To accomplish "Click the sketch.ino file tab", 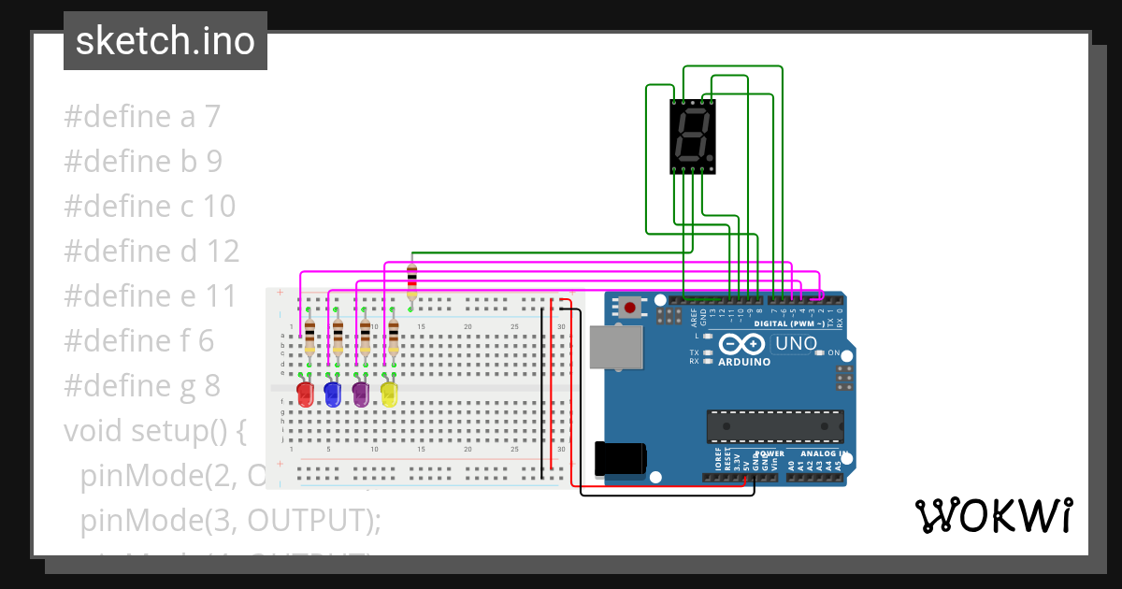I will [x=165, y=41].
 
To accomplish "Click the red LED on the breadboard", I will [x=305, y=394].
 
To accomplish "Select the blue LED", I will [x=332, y=394].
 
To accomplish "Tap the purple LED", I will [x=361, y=394].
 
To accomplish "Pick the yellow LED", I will [x=389, y=394].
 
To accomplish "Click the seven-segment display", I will [x=693, y=136].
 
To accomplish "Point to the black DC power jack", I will [x=619, y=459].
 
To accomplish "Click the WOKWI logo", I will [x=993, y=515].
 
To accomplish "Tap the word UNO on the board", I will [x=796, y=344].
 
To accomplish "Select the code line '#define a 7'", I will [x=142, y=117].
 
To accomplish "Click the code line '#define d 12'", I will [x=151, y=251].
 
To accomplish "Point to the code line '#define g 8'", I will [x=142, y=385].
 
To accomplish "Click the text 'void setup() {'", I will [x=154, y=430].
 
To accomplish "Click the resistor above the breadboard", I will [x=412, y=280].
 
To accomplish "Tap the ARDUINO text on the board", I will [x=744, y=362].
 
